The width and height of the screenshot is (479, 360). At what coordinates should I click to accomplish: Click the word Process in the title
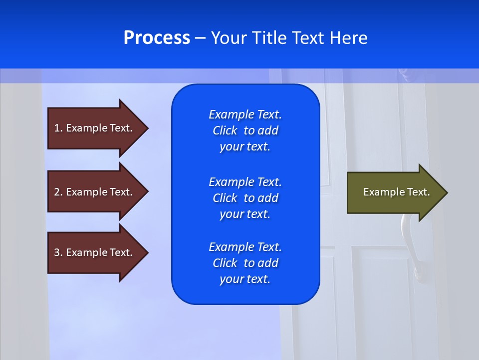(157, 38)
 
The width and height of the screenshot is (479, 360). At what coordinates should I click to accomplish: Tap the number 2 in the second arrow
(57, 192)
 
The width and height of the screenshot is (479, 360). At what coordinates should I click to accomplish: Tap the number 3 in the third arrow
(57, 252)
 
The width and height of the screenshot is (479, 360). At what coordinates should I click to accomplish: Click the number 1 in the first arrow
(56, 128)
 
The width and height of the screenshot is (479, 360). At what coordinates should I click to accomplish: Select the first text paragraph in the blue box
(245, 130)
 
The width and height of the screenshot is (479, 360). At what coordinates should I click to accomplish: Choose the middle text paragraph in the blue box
(245, 198)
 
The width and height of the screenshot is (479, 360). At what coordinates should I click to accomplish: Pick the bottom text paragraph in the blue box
(245, 263)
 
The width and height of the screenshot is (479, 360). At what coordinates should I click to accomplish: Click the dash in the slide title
(200, 38)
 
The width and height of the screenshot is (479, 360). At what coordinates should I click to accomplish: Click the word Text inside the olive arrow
(419, 192)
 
